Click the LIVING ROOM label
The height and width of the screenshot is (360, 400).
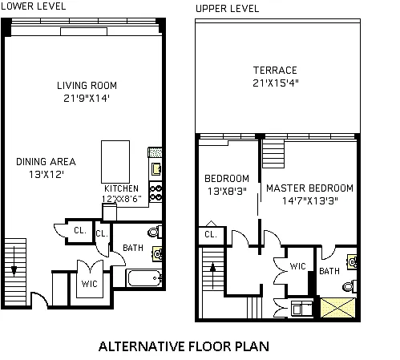pos(87,86)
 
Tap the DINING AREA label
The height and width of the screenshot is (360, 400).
pos(46,162)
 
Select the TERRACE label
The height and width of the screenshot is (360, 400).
pos(275,71)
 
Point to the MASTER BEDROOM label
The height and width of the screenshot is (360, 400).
pos(310,188)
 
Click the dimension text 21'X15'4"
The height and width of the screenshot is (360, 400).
pos(276,83)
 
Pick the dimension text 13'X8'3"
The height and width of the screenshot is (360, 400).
pos(227,192)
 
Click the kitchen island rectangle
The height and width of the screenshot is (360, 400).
pos(115,162)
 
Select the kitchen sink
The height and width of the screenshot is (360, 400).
pos(156,169)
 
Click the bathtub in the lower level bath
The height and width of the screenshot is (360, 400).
pos(144,278)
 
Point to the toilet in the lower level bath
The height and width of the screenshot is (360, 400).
pos(155,232)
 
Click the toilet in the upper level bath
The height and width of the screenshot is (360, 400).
pos(349,286)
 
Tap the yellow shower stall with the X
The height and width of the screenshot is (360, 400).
pos(337,308)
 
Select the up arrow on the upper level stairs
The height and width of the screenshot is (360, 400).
pos(213,275)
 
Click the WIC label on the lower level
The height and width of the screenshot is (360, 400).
pos(90,284)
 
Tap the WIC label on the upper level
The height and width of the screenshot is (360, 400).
pos(297,266)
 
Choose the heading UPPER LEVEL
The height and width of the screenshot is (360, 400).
pos(228,9)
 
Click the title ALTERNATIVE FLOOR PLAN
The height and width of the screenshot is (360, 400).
pos(184,346)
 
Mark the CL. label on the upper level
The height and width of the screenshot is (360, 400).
pos(211,235)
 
